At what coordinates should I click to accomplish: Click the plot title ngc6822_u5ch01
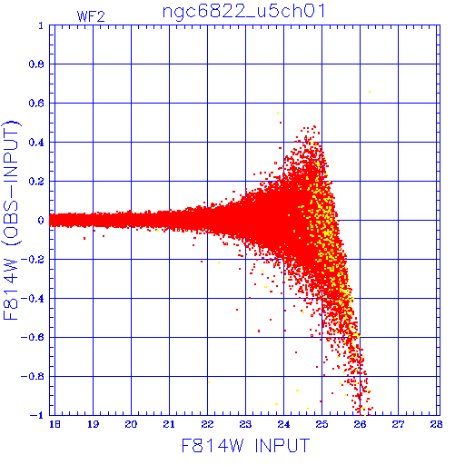click(x=244, y=12)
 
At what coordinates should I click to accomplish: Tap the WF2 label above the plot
click(x=91, y=16)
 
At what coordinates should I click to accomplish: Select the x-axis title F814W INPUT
click(x=245, y=445)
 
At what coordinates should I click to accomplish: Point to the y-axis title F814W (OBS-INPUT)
click(x=12, y=220)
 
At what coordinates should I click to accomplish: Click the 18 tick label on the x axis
click(x=54, y=424)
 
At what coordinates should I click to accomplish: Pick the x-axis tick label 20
click(x=131, y=424)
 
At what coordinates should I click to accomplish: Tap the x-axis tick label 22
click(x=207, y=424)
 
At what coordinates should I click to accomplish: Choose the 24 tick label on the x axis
click(x=283, y=424)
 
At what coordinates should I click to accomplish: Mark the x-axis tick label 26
click(x=360, y=424)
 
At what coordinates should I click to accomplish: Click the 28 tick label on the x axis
click(x=436, y=424)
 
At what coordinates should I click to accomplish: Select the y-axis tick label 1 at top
click(x=41, y=25)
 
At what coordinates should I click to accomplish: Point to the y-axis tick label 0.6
click(x=36, y=104)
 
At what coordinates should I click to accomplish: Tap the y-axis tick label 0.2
click(x=36, y=182)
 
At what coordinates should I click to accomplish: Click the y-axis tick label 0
click(x=41, y=220)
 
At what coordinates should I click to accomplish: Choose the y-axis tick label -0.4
click(x=33, y=299)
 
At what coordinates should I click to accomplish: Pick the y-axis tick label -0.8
click(x=33, y=376)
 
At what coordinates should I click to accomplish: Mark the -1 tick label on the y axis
click(x=36, y=415)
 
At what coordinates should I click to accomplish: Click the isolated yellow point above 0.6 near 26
click(x=370, y=92)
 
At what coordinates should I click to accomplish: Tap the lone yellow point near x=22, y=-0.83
click(x=209, y=382)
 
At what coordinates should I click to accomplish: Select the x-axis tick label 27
click(x=398, y=424)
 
